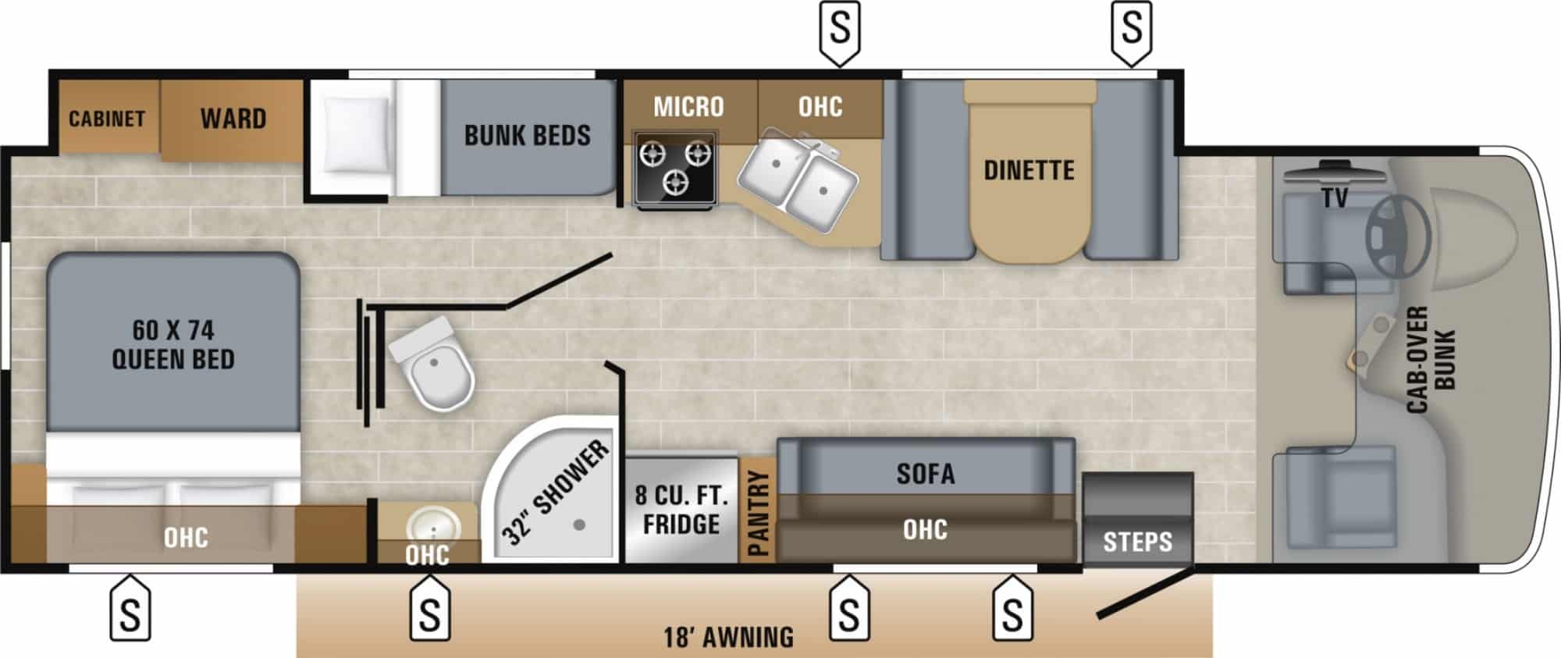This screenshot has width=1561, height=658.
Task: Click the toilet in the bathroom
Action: (x=434, y=365)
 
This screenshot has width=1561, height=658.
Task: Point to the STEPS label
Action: (x=1137, y=542)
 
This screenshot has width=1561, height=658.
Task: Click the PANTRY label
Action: (x=757, y=513)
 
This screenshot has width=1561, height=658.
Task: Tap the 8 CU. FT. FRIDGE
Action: (x=681, y=510)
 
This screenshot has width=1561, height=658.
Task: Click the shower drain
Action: (x=579, y=525)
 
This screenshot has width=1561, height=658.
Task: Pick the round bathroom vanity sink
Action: (x=427, y=525)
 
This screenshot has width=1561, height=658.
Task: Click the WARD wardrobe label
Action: (x=233, y=119)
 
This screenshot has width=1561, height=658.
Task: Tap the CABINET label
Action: (x=107, y=119)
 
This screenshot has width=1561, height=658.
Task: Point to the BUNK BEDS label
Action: (x=527, y=135)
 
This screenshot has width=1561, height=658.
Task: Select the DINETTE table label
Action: (x=1029, y=170)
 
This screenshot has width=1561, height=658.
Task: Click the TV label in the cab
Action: (x=1335, y=198)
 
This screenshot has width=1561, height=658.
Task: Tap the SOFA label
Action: (x=926, y=473)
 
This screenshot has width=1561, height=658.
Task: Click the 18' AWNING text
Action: (x=728, y=637)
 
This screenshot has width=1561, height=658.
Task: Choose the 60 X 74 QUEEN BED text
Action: (x=173, y=344)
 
